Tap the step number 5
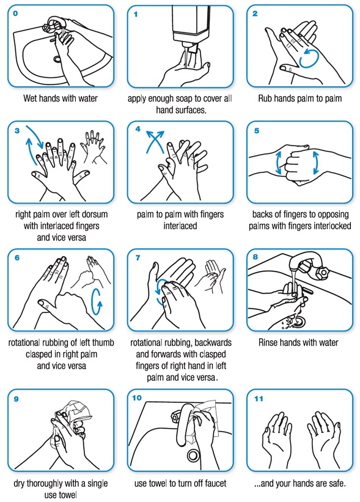[256, 130]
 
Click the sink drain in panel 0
[57, 59]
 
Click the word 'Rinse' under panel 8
[270, 344]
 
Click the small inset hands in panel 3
[93, 147]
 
